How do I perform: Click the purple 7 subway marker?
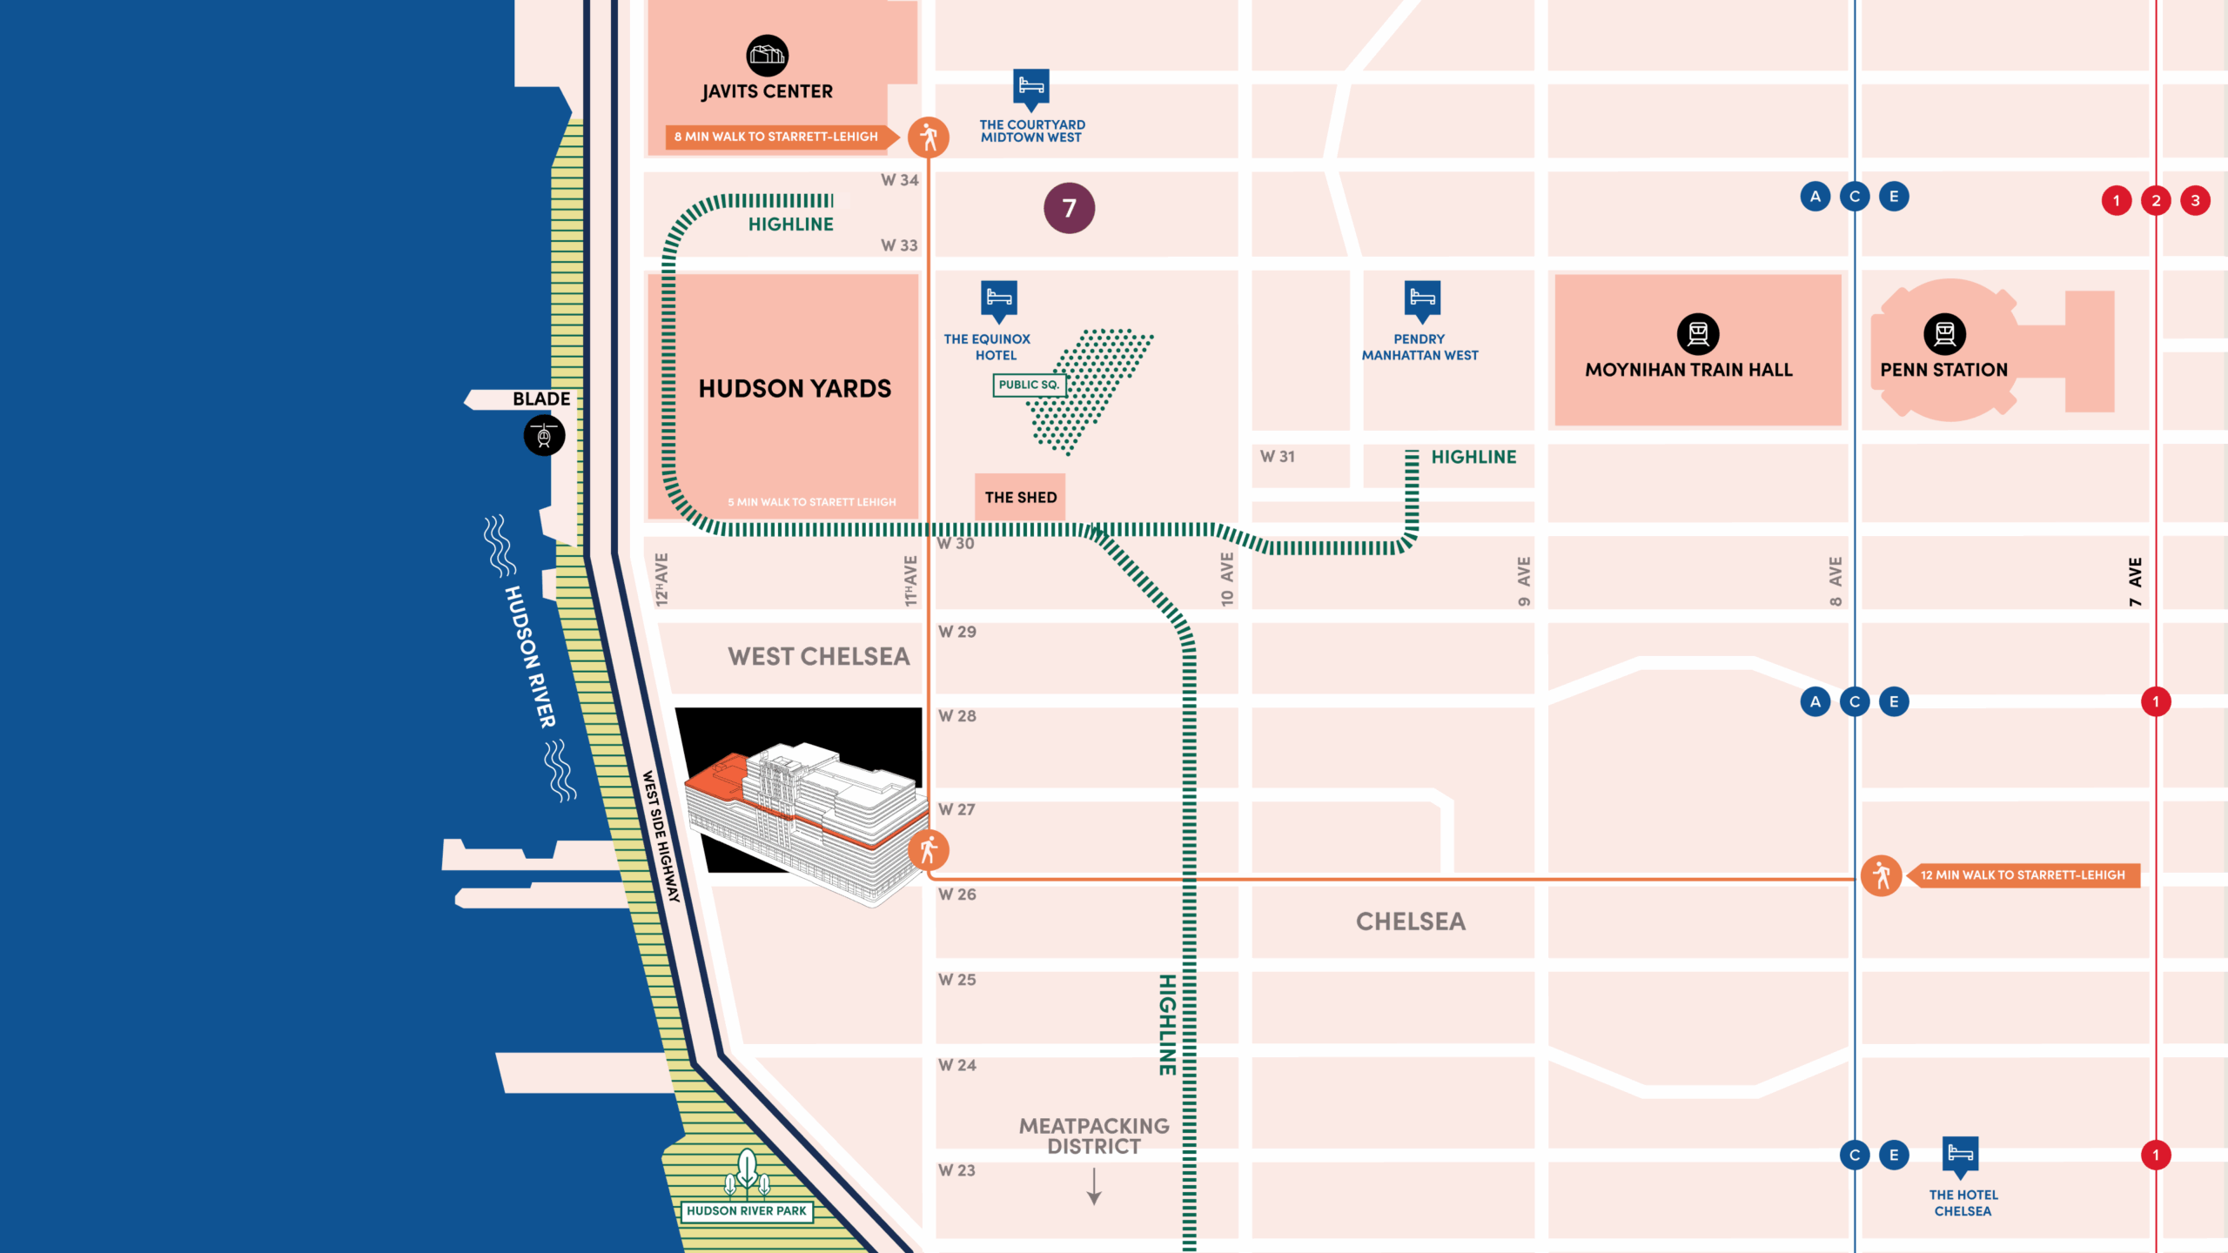(1069, 208)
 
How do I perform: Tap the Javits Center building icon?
(767, 56)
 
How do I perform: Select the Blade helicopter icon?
(544, 435)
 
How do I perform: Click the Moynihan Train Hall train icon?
(1698, 333)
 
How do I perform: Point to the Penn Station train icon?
(1944, 333)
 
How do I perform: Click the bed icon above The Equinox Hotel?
(999, 298)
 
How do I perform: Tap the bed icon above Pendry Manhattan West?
(1422, 298)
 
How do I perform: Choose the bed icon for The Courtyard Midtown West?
(1031, 87)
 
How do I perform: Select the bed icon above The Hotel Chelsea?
(1960, 1155)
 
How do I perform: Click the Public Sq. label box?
(1029, 385)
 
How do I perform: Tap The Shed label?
(1020, 497)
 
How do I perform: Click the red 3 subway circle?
(2195, 201)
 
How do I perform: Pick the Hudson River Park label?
(746, 1210)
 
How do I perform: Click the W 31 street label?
(1278, 457)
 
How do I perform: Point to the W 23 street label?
(956, 1170)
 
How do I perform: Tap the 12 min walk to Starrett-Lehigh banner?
(2022, 875)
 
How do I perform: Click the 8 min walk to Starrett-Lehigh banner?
(776, 137)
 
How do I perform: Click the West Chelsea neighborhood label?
(818, 656)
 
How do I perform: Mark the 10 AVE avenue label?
(1226, 580)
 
